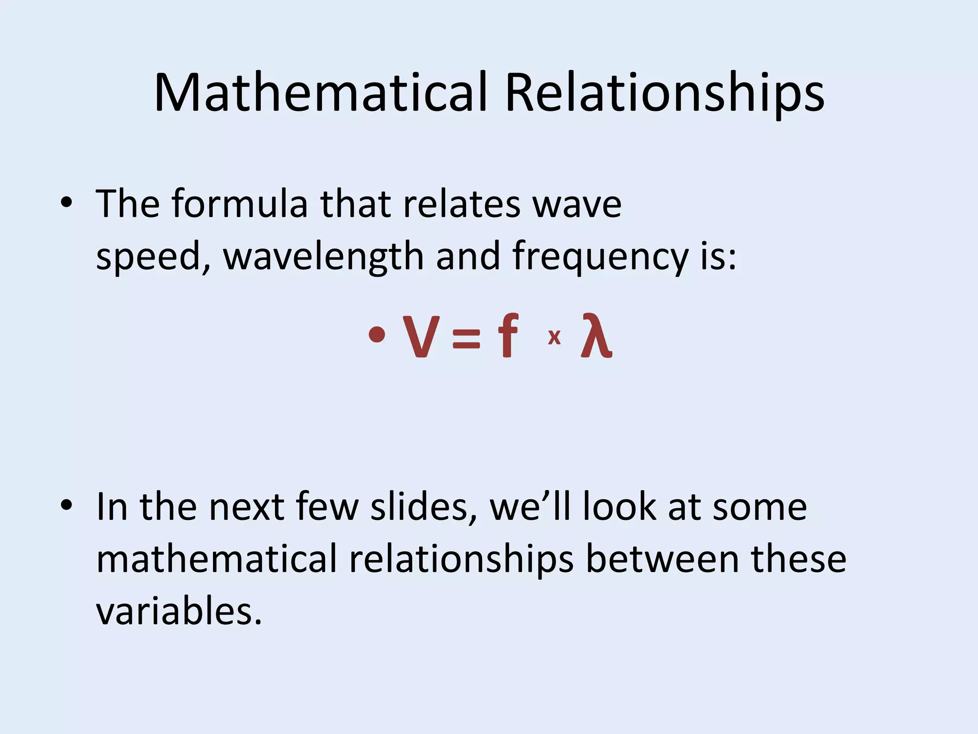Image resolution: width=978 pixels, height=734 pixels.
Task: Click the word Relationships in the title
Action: tap(664, 94)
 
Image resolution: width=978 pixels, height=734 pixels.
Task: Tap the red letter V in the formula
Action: tap(421, 336)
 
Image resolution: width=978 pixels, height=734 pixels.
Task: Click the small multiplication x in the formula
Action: tap(554, 337)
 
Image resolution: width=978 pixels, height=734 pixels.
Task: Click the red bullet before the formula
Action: tap(377, 334)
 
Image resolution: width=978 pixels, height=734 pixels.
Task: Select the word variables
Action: tap(179, 611)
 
